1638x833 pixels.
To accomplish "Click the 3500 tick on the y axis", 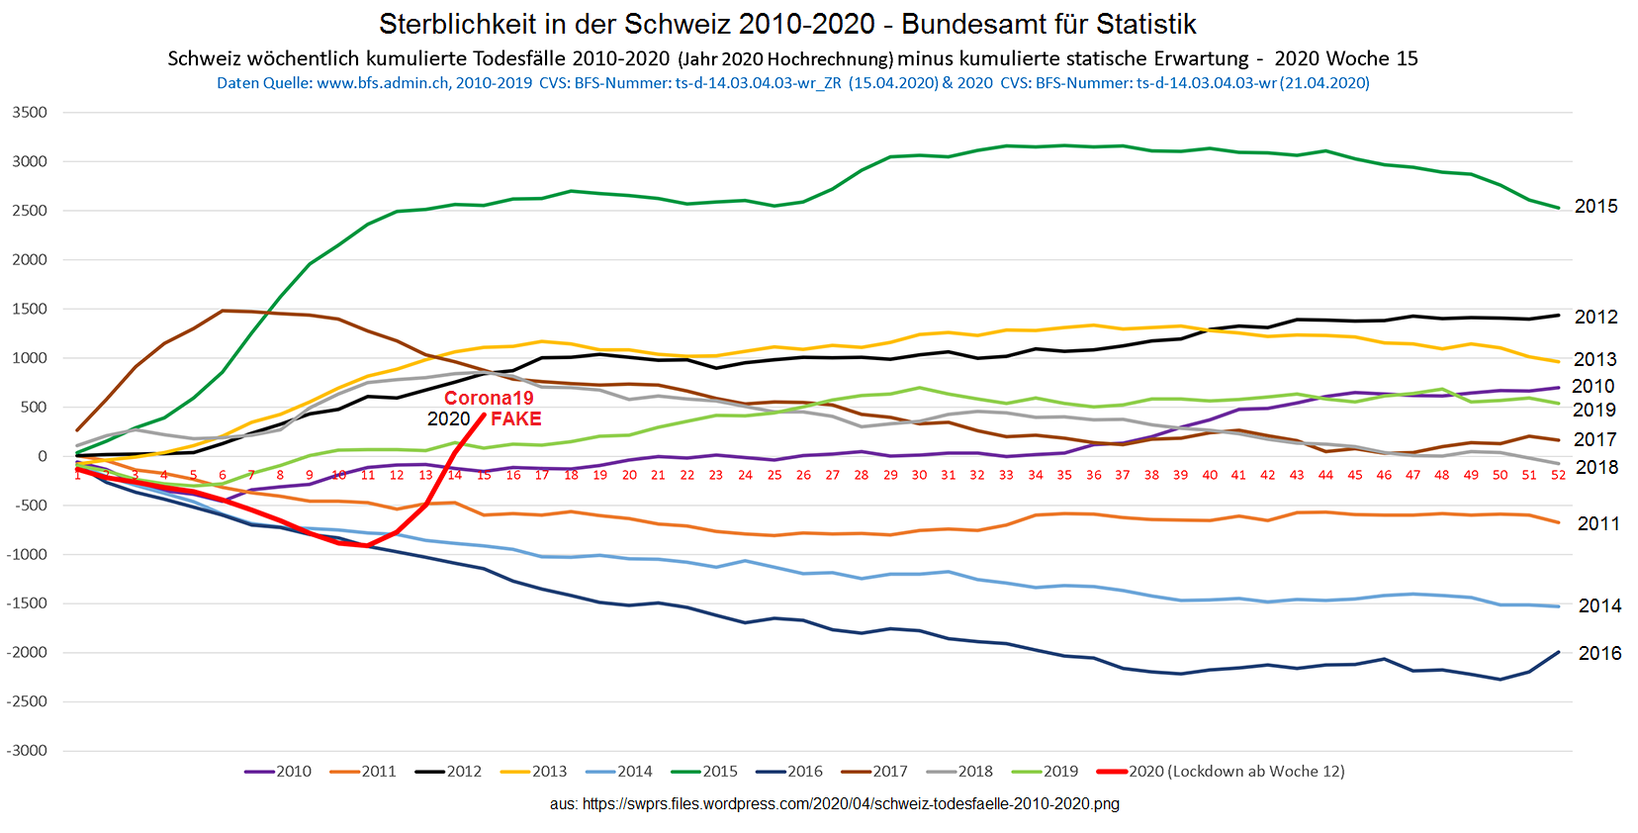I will (x=30, y=113).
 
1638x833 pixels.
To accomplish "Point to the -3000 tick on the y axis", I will (x=28, y=751).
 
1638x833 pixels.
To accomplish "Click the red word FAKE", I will (x=515, y=418).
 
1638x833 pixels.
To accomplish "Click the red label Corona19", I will (x=489, y=398).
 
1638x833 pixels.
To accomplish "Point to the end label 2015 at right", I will (x=1595, y=207).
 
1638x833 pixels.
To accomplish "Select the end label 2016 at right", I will (x=1599, y=653).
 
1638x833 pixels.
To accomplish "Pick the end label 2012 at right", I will (x=1595, y=317).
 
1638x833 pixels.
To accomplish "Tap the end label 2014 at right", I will (x=1599, y=605).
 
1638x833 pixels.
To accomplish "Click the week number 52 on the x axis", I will (x=1558, y=476).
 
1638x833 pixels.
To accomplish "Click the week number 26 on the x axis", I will (x=803, y=476).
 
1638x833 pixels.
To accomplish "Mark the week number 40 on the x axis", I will (x=1210, y=476).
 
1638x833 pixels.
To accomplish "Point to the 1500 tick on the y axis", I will (x=30, y=309).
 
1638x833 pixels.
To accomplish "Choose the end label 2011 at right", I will (x=1597, y=524).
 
